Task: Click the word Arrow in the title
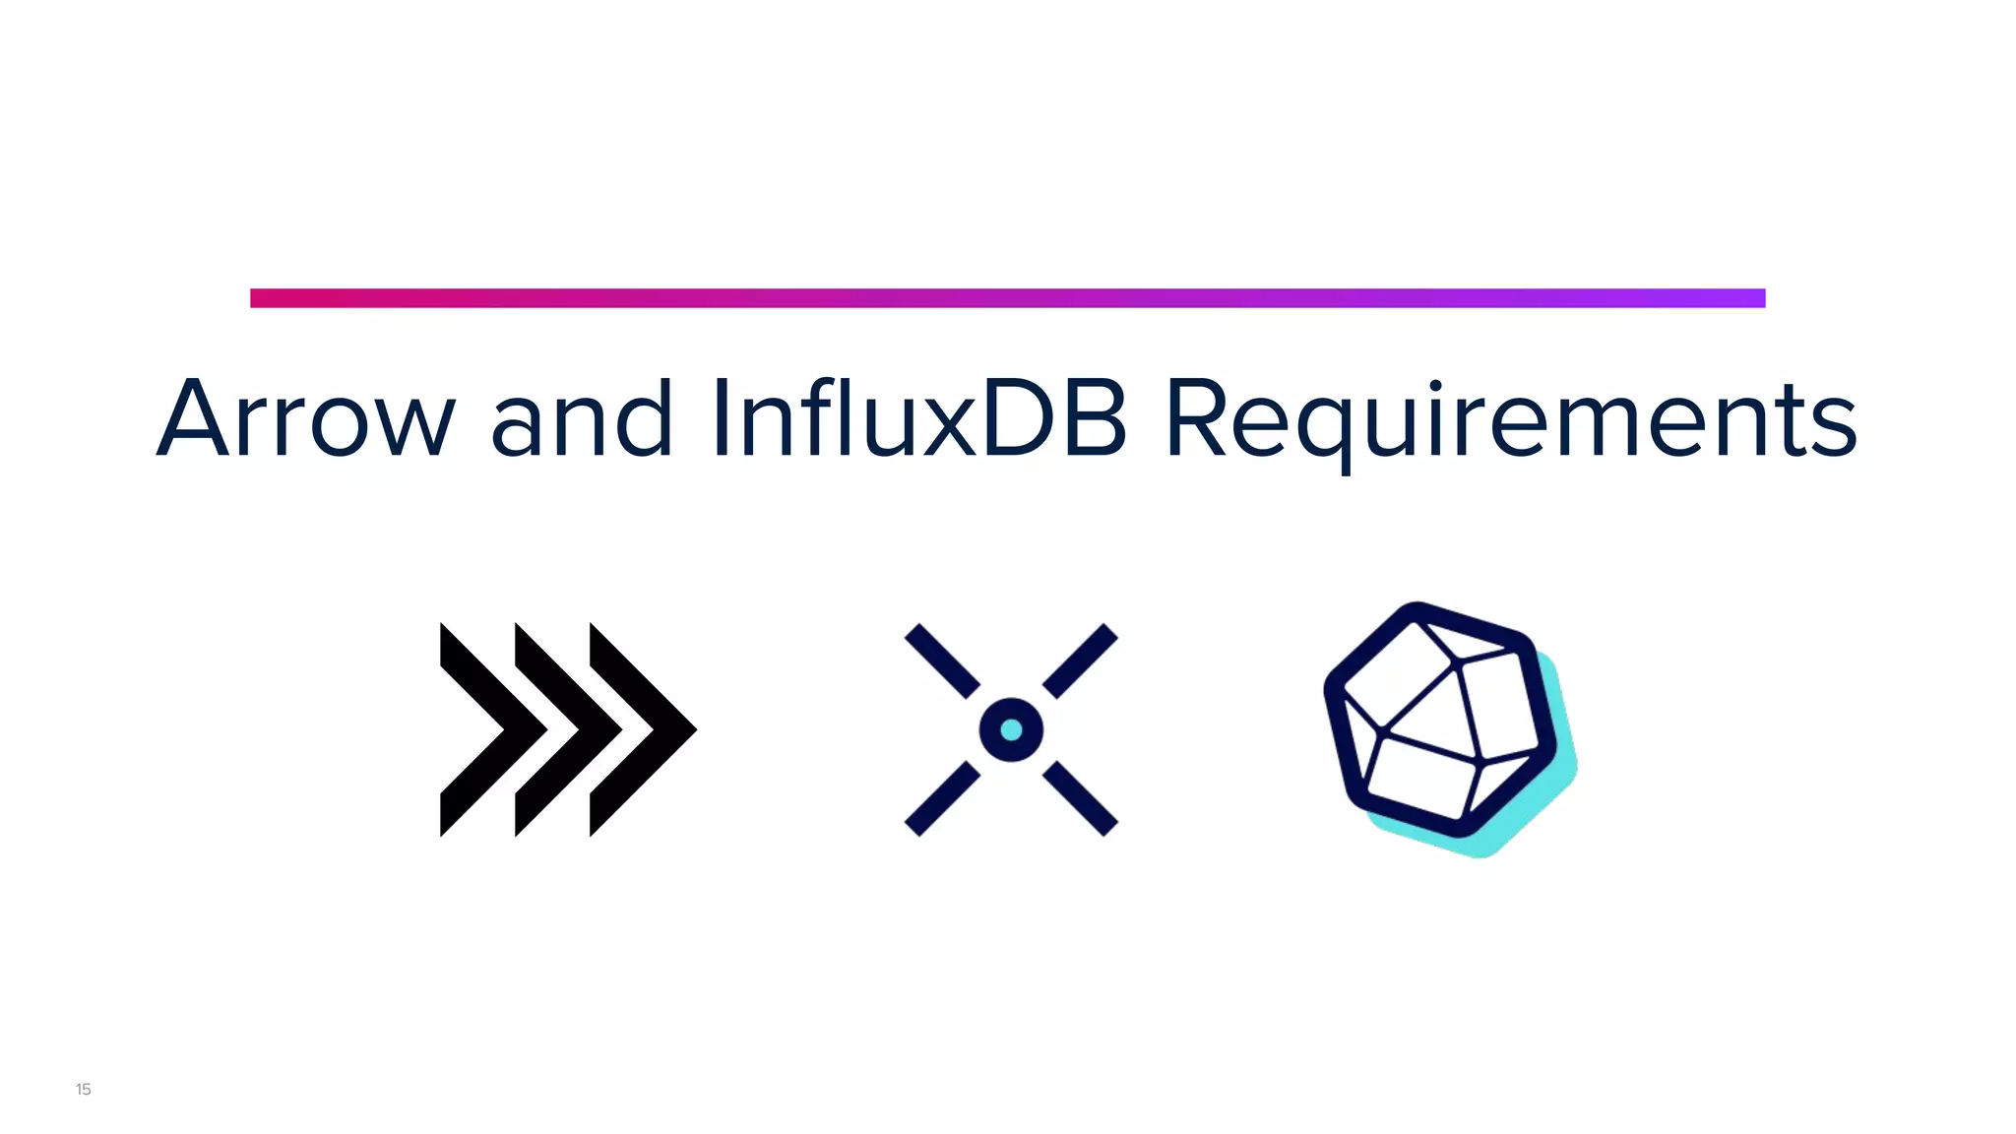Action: (x=306, y=419)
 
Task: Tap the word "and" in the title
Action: (x=581, y=419)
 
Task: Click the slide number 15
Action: (x=84, y=1089)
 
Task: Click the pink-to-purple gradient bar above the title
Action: (x=1007, y=298)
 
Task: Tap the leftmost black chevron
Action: (x=482, y=729)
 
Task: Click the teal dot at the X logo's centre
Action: (x=1011, y=729)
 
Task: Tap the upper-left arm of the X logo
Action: (x=942, y=661)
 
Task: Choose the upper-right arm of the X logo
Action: (x=1080, y=661)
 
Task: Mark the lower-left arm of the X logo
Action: (x=942, y=798)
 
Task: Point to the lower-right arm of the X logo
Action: (x=1080, y=798)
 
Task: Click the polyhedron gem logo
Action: (x=1437, y=719)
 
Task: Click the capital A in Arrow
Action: (x=193, y=419)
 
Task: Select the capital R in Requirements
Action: (x=1197, y=419)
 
